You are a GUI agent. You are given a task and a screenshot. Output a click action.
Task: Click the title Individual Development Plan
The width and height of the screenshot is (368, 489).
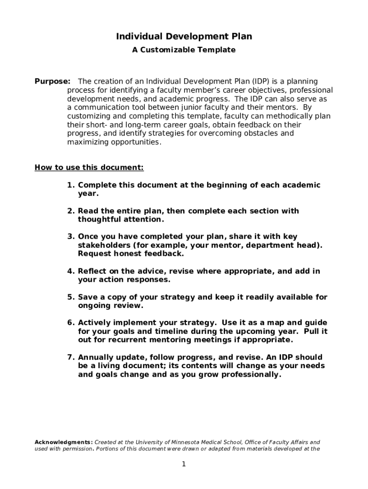coord(184,37)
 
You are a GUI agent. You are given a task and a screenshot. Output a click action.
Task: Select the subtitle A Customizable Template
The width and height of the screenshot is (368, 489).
coord(184,50)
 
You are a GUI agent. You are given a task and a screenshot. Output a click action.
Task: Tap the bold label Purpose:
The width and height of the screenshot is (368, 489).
coord(53,81)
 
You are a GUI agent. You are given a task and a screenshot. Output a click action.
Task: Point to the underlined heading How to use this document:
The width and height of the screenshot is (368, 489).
coord(89,167)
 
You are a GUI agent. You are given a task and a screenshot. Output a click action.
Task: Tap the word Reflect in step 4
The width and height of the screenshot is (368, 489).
coord(93,271)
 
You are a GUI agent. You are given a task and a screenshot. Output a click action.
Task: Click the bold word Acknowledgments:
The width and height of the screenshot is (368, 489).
coord(64,442)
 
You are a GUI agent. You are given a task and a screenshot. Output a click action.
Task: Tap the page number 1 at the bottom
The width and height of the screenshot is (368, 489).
coord(184,465)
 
